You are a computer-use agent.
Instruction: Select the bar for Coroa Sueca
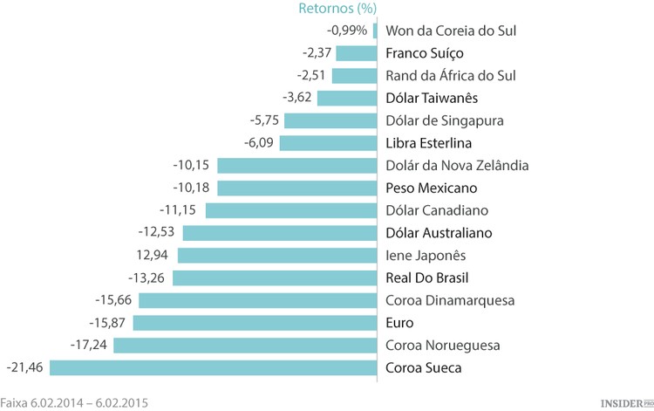tap(213, 367)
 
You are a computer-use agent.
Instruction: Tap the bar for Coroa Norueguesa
tap(245, 345)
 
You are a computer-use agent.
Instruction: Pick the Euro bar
tap(255, 323)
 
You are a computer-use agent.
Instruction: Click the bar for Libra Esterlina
tap(328, 143)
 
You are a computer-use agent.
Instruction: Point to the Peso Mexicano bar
tap(296, 188)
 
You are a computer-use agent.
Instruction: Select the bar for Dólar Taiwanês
tap(346, 98)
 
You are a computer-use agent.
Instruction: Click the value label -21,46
tap(24, 367)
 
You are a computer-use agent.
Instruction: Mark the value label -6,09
tap(258, 143)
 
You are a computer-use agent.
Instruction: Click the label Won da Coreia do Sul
tap(451, 31)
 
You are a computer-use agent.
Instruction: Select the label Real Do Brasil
tap(427, 277)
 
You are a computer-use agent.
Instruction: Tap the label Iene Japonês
tap(426, 255)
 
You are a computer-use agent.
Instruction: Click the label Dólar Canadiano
tap(437, 210)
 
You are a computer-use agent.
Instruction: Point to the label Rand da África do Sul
tap(451, 76)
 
